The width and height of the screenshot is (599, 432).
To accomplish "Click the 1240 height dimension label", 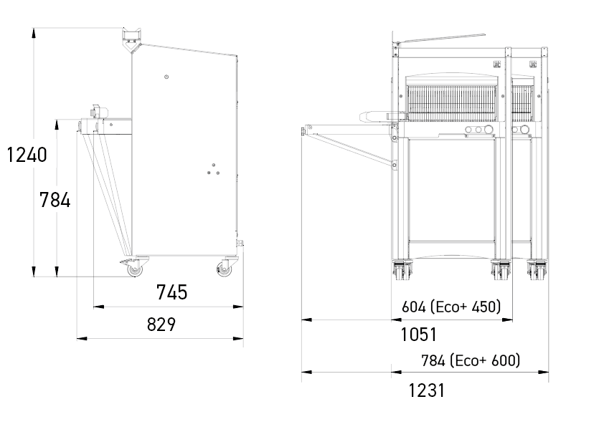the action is click(27, 155).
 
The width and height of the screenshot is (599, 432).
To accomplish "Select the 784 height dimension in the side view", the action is click(55, 200).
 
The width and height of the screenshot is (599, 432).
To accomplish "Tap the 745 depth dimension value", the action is click(172, 292).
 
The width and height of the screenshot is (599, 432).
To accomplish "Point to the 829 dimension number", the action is click(161, 325).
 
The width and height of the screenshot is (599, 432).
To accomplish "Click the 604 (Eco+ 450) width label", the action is click(451, 307).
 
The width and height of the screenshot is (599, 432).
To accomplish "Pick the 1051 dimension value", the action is click(418, 335).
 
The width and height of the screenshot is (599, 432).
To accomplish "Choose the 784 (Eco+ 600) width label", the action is click(471, 360).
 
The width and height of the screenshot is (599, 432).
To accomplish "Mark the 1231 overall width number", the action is click(427, 390).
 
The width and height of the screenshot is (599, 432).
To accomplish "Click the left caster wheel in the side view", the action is click(134, 269).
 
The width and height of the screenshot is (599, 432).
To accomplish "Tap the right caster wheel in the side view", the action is click(225, 269).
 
